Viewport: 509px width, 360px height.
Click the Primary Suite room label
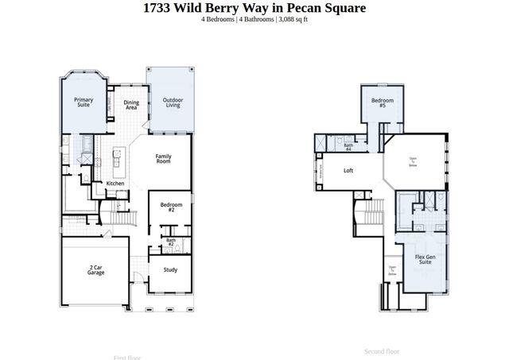[x=84, y=103]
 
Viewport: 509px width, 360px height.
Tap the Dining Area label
[x=131, y=105]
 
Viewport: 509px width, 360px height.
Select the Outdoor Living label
[x=173, y=103]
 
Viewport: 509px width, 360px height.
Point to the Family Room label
[x=164, y=158]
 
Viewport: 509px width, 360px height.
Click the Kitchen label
[x=115, y=184]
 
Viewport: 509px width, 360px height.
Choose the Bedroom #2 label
[x=171, y=207]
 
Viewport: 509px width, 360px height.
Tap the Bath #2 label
[x=171, y=242]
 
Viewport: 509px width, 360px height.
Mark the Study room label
[x=170, y=269]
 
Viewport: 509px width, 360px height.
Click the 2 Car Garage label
[x=96, y=271]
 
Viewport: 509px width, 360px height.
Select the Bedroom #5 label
[x=382, y=103]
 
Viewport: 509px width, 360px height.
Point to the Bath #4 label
[x=348, y=146]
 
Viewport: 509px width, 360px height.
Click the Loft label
[x=348, y=170]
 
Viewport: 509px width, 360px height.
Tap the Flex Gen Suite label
[x=425, y=259]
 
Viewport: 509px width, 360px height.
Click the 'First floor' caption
[x=128, y=357]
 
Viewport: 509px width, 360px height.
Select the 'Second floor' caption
[x=382, y=351]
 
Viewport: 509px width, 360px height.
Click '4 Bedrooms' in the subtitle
[x=220, y=19]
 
